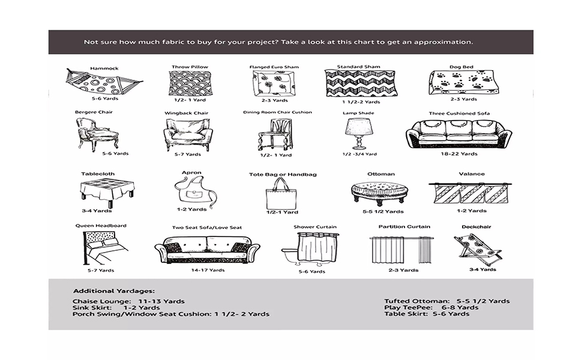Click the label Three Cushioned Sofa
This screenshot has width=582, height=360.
459,113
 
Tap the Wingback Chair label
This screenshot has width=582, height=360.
186,113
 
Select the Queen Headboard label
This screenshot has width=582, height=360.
101,226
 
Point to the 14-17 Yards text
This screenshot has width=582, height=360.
208,270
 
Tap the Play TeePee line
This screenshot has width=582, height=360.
431,307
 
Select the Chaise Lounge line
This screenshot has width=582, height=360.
128,301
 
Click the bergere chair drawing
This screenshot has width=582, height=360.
97,133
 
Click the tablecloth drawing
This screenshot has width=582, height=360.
107,192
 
